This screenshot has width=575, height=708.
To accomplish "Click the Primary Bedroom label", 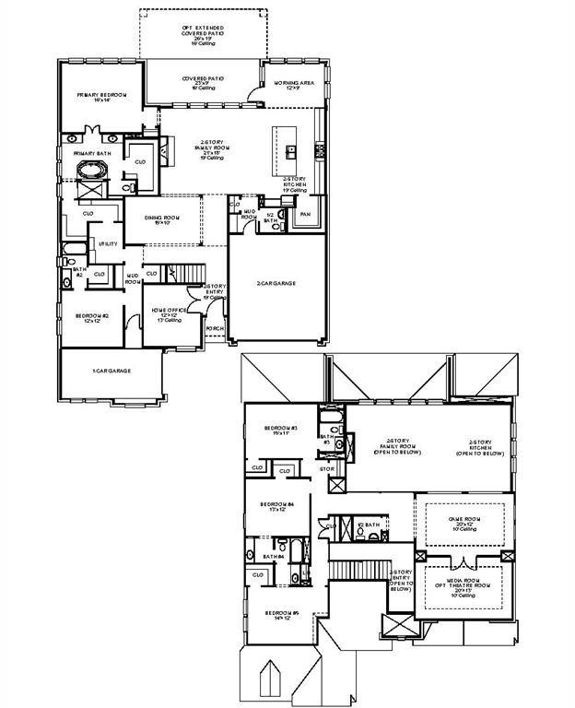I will point(100,96).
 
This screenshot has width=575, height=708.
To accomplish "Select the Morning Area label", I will point(295,83).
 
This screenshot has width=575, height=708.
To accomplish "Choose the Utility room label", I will point(109,243).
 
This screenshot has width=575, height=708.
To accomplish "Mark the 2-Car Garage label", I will point(276,283).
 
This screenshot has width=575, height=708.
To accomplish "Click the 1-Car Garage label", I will point(111,370).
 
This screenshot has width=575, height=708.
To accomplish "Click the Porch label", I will point(214,328).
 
